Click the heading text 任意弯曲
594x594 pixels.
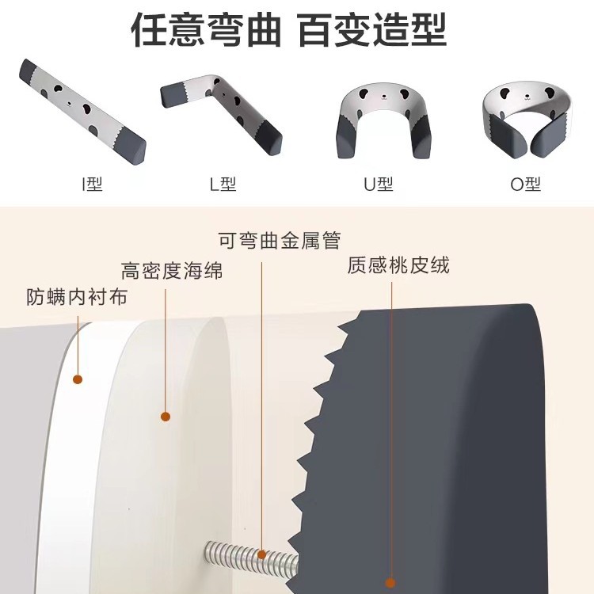click(206, 30)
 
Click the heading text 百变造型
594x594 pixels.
click(371, 30)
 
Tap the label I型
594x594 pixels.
click(93, 185)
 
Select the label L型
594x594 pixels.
click(223, 185)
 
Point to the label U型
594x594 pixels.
click(379, 185)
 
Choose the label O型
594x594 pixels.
click(525, 185)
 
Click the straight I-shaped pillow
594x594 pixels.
click(82, 112)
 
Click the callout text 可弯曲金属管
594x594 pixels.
click(280, 241)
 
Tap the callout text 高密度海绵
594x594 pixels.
click(172, 271)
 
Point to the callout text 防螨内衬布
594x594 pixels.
click(77, 297)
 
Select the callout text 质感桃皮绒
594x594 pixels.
click(398, 265)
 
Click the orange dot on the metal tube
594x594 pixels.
click(262, 555)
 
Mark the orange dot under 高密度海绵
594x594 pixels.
click(166, 417)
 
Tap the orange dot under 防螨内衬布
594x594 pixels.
click(78, 379)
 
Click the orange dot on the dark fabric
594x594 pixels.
click(390, 583)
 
